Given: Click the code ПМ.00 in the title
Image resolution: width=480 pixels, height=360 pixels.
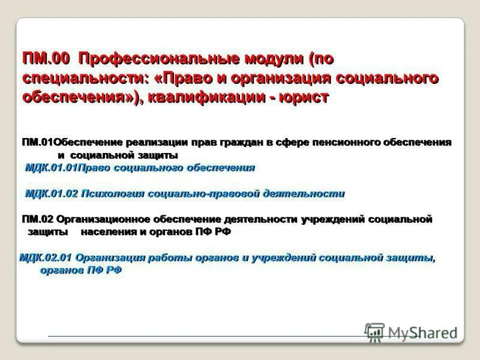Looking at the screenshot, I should (x=46, y=59).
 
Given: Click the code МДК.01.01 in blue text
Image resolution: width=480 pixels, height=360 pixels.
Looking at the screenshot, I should (x=50, y=168).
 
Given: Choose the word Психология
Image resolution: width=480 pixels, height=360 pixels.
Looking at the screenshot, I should (x=113, y=193).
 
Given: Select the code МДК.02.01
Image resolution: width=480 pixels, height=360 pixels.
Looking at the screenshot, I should (x=46, y=257).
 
